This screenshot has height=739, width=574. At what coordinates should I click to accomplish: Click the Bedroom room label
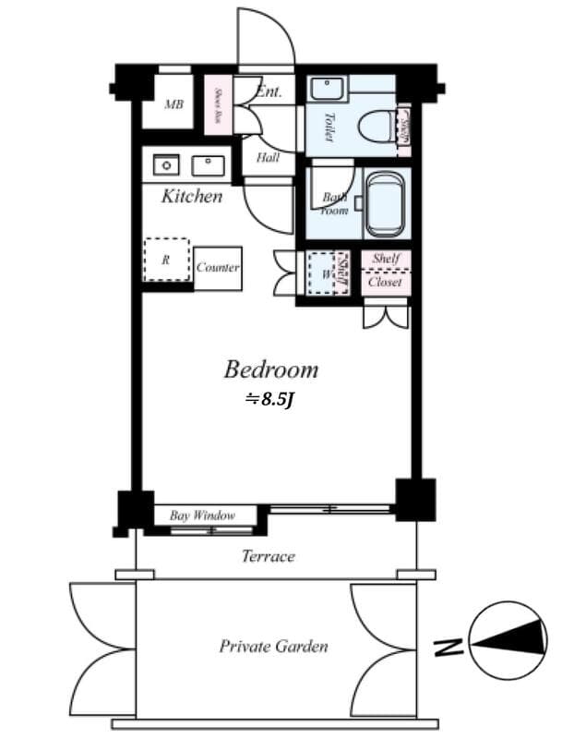click(271, 370)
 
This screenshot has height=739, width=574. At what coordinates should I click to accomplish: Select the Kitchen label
click(192, 196)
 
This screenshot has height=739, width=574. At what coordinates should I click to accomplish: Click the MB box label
click(173, 104)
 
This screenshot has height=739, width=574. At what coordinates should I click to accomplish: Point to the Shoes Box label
click(218, 104)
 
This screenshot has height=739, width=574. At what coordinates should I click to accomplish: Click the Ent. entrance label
click(269, 91)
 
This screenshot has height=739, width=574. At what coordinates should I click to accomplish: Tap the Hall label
click(268, 158)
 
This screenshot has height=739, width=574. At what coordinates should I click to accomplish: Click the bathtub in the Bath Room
click(384, 204)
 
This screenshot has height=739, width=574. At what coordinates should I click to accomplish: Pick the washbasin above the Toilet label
click(325, 90)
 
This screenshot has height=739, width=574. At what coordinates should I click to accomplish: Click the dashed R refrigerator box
click(166, 260)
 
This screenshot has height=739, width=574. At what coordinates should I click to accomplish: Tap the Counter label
click(218, 268)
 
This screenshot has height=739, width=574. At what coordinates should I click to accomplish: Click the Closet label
click(385, 283)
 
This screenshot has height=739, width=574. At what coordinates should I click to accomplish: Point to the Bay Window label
click(202, 515)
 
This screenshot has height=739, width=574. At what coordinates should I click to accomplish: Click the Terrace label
click(268, 556)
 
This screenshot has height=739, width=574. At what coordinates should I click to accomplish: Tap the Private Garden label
click(273, 647)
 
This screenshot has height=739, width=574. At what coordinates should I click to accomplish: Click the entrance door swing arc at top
click(269, 37)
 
